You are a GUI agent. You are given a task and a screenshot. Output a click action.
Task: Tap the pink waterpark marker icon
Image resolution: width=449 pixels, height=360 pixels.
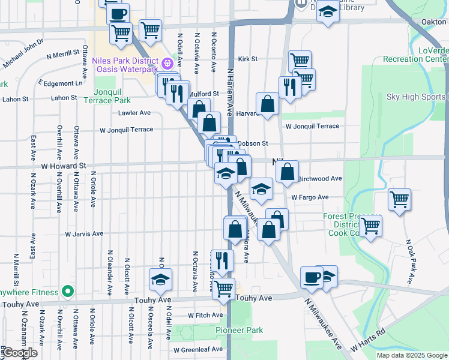coord(167,62)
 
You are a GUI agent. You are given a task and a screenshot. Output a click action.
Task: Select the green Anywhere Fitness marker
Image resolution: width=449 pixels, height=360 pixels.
coord(68,292)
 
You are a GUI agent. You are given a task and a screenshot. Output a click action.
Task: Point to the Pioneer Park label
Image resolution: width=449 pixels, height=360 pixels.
coord(240,331)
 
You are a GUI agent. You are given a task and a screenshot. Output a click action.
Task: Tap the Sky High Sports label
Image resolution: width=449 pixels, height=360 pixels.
coord(417,97)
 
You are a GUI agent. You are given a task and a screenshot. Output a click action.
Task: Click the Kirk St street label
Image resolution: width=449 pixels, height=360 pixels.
coord(247,59)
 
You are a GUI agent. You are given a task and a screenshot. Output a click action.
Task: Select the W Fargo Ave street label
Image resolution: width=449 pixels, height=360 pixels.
coord(310,197)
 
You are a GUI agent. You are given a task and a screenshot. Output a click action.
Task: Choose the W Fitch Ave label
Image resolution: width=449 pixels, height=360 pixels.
coord(206,315)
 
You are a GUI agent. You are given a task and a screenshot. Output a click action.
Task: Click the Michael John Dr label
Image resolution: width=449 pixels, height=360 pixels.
coord(23,53)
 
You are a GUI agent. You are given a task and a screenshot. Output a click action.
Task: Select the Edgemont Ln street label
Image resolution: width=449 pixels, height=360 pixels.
coord(62,83)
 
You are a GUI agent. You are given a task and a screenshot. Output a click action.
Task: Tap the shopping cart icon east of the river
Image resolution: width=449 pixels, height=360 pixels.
coord(399,200)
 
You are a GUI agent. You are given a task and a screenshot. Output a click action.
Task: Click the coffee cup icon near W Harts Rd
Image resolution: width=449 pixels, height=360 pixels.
coord(312,277)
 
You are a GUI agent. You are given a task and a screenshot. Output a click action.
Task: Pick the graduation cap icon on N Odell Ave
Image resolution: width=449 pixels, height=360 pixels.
coord(160,280)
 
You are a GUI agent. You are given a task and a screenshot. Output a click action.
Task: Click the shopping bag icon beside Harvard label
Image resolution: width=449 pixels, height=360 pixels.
coord(268,104)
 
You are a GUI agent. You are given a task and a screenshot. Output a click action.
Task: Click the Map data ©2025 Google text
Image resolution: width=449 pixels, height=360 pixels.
coord(411,355)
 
